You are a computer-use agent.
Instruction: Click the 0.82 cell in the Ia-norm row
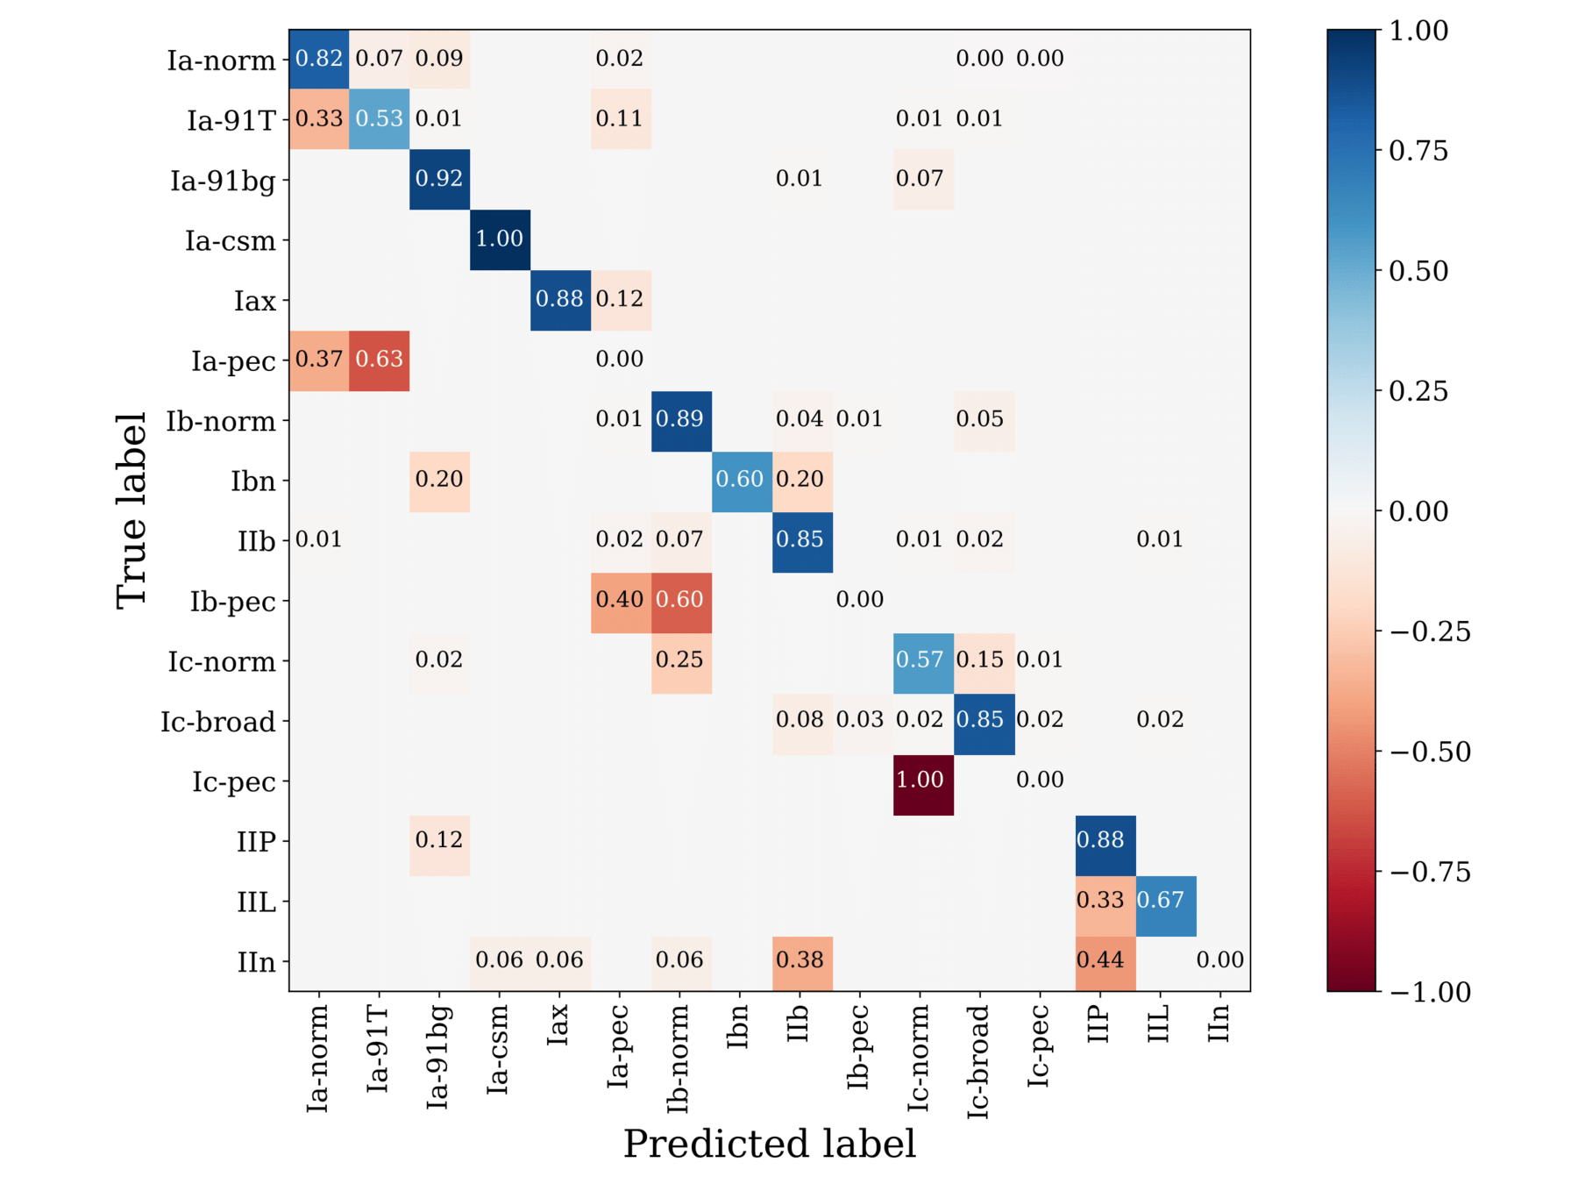tap(319, 59)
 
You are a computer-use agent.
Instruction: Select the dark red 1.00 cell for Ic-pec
tap(920, 780)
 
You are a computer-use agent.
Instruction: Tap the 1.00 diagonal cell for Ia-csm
tap(500, 239)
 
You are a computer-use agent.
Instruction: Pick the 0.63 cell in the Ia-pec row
tap(379, 360)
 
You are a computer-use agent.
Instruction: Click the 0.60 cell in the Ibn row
tap(741, 480)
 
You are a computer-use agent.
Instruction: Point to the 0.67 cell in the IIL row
tap(1161, 901)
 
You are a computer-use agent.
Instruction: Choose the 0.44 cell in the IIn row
tap(1101, 960)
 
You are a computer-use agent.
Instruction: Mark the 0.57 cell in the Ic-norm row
tap(920, 660)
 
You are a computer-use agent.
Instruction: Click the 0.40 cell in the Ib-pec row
tap(620, 600)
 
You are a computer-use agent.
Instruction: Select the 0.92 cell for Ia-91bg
tap(439, 179)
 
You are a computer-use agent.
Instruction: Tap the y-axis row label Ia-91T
tap(231, 120)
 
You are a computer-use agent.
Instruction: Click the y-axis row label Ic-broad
tap(218, 722)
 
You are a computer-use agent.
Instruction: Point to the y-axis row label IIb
tap(256, 541)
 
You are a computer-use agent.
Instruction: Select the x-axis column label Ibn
tap(738, 1027)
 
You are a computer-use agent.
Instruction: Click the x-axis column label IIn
tap(1219, 1024)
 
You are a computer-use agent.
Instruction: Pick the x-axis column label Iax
tap(558, 1024)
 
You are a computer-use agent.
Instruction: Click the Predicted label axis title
tap(769, 1144)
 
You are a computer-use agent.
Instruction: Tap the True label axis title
tap(131, 510)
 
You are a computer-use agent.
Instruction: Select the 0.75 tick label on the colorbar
tap(1418, 151)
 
